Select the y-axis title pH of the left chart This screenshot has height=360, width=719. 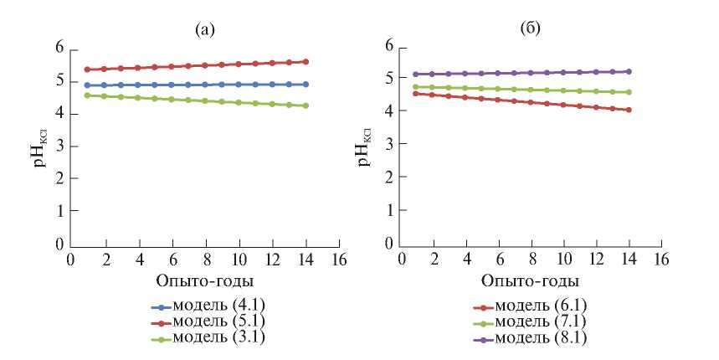37,144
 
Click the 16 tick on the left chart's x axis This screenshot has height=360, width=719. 338,260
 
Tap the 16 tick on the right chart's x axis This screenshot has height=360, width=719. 661,260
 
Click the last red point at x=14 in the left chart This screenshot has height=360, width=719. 306,61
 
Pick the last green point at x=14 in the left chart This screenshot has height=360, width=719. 306,105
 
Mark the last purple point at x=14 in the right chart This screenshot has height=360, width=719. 629,71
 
